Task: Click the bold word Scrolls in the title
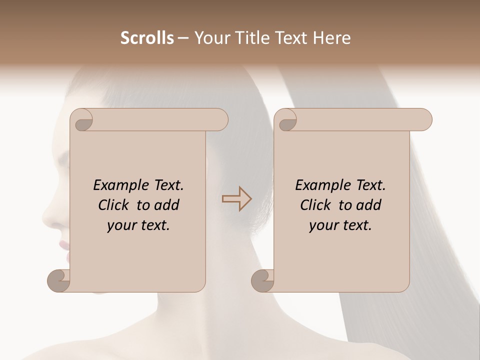point(147,38)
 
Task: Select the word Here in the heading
point(332,38)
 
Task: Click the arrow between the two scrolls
point(236,199)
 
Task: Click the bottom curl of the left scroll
point(59,280)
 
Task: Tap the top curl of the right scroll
point(286,120)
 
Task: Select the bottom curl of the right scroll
point(262,280)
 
